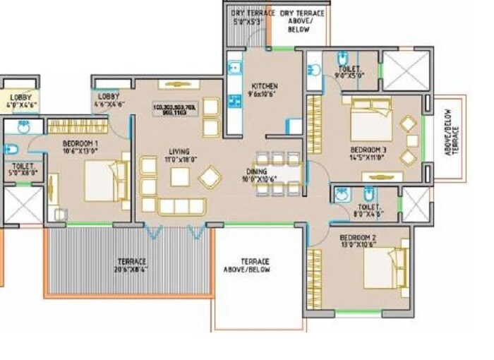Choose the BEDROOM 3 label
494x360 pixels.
coord(368,151)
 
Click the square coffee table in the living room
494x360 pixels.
coord(180,176)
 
